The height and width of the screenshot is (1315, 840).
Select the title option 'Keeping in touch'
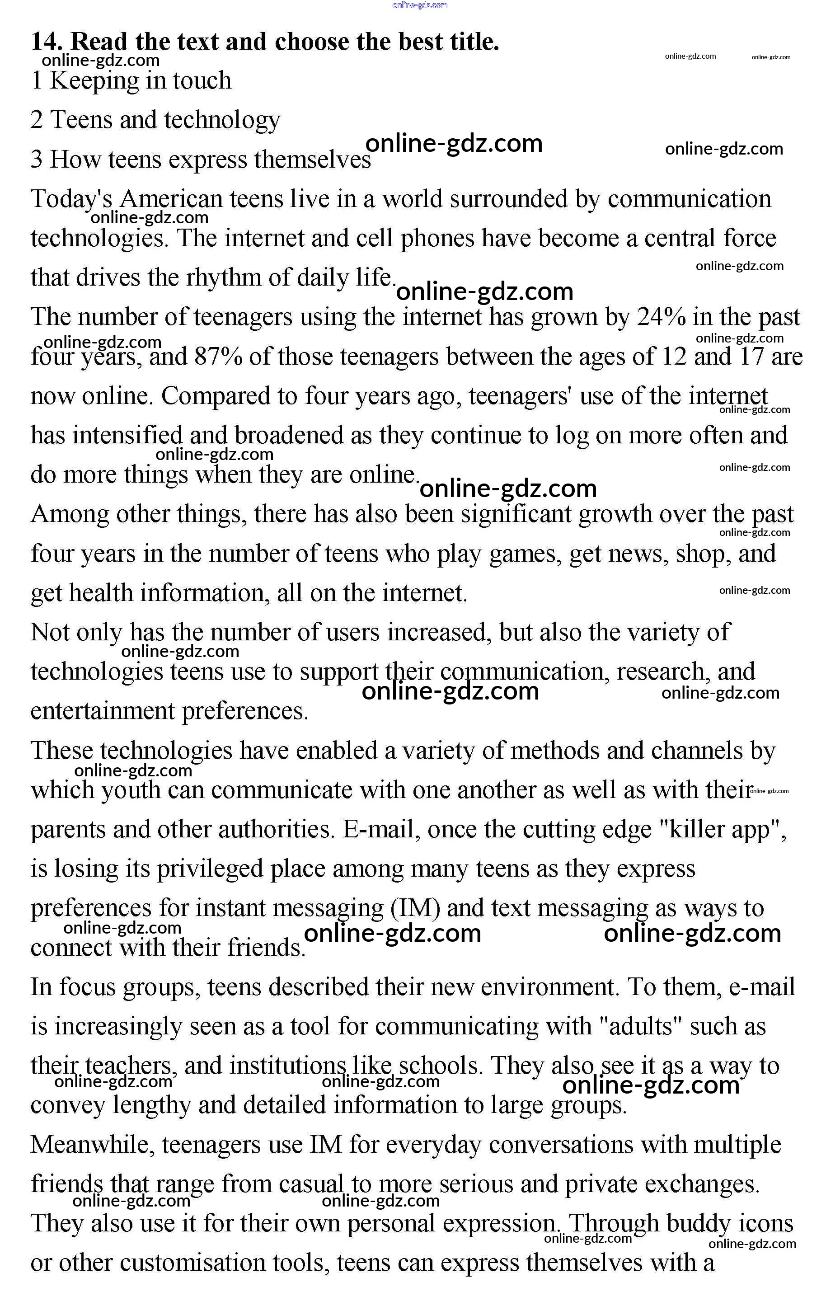click(x=131, y=81)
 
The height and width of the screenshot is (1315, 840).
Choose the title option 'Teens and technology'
click(x=155, y=120)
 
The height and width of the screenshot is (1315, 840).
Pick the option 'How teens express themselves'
click(x=201, y=160)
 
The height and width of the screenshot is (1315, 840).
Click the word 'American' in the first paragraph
click(x=171, y=199)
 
